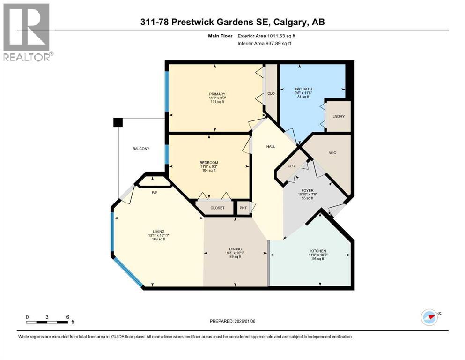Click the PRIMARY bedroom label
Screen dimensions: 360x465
click(217, 94)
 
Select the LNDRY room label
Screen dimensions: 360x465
click(339, 116)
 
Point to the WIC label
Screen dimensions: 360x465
click(332, 153)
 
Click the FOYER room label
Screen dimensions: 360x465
click(307, 190)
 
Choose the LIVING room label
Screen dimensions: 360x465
click(157, 231)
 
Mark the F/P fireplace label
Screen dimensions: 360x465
click(153, 192)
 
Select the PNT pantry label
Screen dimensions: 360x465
click(243, 208)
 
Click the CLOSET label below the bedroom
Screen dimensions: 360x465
click(217, 208)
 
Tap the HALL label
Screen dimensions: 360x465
click(271, 147)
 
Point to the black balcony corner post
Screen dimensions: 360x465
click(118, 122)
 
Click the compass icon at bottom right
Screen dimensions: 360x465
click(429, 317)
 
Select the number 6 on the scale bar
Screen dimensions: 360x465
click(68, 317)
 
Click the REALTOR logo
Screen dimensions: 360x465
click(27, 31)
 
